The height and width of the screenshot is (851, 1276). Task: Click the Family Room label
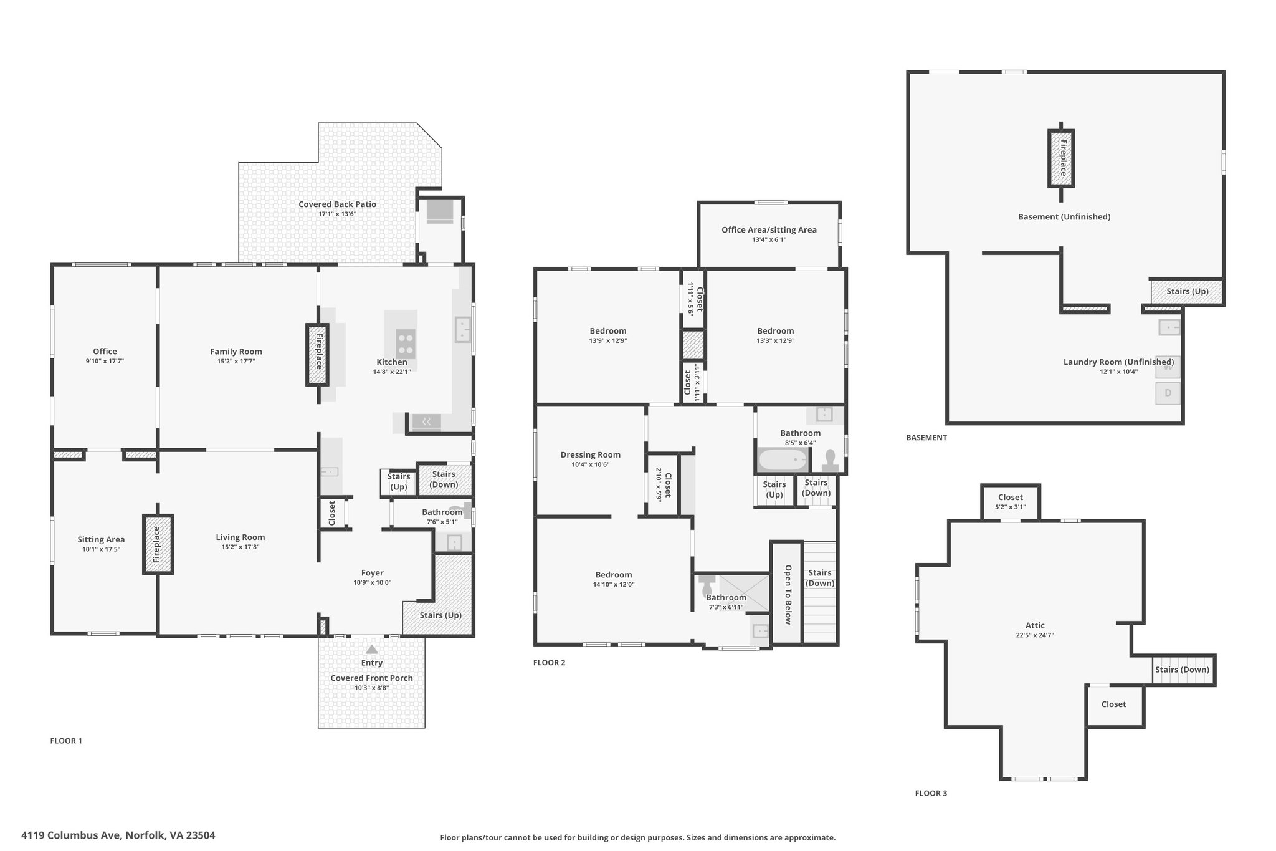(236, 352)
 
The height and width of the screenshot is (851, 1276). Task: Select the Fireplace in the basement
(1061, 158)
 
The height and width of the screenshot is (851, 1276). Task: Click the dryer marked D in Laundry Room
(1168, 393)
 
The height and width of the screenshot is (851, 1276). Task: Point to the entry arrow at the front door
(371, 649)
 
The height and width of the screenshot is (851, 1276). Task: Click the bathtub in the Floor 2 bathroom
(783, 460)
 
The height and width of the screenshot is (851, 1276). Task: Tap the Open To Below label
(788, 595)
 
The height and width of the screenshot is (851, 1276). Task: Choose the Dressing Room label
(591, 455)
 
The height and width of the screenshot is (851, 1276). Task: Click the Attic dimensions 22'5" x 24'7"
(1035, 635)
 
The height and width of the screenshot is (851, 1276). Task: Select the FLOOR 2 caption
(550, 663)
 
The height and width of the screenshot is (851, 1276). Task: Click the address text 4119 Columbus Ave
(71, 835)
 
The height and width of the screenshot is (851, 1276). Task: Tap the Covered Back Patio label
(337, 204)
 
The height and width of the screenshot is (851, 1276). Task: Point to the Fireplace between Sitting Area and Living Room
(158, 544)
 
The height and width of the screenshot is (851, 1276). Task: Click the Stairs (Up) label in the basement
(1188, 291)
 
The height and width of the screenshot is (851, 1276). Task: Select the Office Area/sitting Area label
(769, 230)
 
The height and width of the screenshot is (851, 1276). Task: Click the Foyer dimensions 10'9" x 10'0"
(373, 583)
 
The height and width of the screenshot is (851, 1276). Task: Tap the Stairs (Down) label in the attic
(1182, 670)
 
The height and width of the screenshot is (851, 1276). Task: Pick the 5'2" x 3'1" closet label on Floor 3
(1011, 507)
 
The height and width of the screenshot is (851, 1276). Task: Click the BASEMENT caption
(926, 438)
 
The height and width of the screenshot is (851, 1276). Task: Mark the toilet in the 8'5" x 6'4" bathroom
(830, 460)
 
